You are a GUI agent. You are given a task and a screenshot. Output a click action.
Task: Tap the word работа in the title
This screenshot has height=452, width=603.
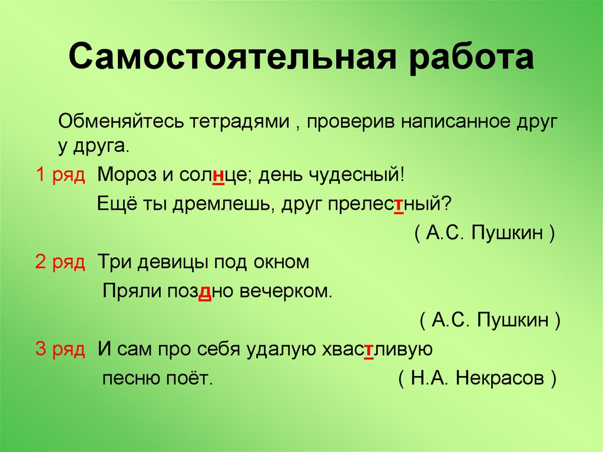click(x=463, y=58)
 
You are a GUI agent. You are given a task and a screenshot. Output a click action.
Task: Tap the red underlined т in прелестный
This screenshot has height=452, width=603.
click(x=399, y=204)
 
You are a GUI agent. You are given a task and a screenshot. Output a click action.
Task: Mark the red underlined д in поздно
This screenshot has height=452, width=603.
click(x=206, y=291)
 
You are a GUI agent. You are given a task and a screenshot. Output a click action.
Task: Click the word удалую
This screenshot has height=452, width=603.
click(x=278, y=349)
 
